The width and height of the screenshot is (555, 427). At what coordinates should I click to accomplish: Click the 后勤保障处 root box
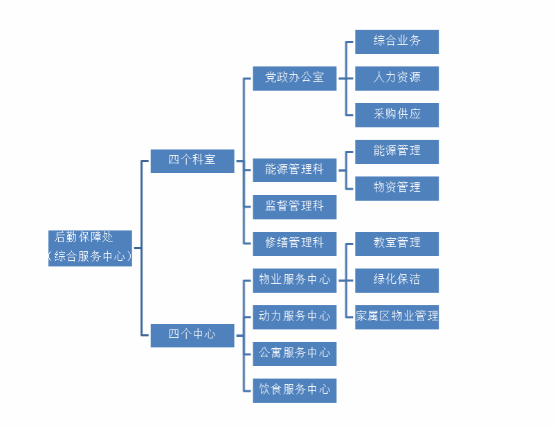[90, 247]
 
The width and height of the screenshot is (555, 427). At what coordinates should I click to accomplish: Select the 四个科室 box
[192, 160]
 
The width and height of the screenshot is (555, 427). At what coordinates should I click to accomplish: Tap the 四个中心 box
[192, 334]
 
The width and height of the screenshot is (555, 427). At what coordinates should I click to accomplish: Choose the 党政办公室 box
[294, 78]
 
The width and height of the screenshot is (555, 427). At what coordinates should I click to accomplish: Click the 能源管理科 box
[294, 170]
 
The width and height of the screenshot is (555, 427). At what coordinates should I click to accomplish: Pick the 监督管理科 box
[294, 206]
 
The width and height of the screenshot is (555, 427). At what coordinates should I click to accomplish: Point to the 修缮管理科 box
[294, 243]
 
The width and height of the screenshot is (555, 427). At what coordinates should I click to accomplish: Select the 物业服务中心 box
[294, 280]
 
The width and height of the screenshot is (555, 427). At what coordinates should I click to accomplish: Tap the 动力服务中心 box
[294, 316]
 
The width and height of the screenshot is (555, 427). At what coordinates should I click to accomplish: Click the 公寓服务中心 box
[294, 353]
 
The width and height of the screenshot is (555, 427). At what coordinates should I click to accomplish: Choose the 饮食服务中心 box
[294, 390]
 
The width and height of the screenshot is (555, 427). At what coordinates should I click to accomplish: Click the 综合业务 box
[397, 41]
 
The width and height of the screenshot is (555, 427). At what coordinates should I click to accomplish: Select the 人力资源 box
[397, 78]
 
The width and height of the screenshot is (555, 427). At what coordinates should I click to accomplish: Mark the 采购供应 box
[397, 114]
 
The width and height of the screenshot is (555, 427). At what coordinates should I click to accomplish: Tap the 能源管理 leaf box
[397, 151]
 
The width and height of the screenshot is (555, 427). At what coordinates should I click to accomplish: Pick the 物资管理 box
[397, 188]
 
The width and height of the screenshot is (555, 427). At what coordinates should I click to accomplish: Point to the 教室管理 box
[397, 243]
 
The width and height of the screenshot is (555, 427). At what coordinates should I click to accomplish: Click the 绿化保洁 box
[397, 280]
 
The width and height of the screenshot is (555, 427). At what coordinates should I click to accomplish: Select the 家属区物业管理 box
[397, 316]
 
